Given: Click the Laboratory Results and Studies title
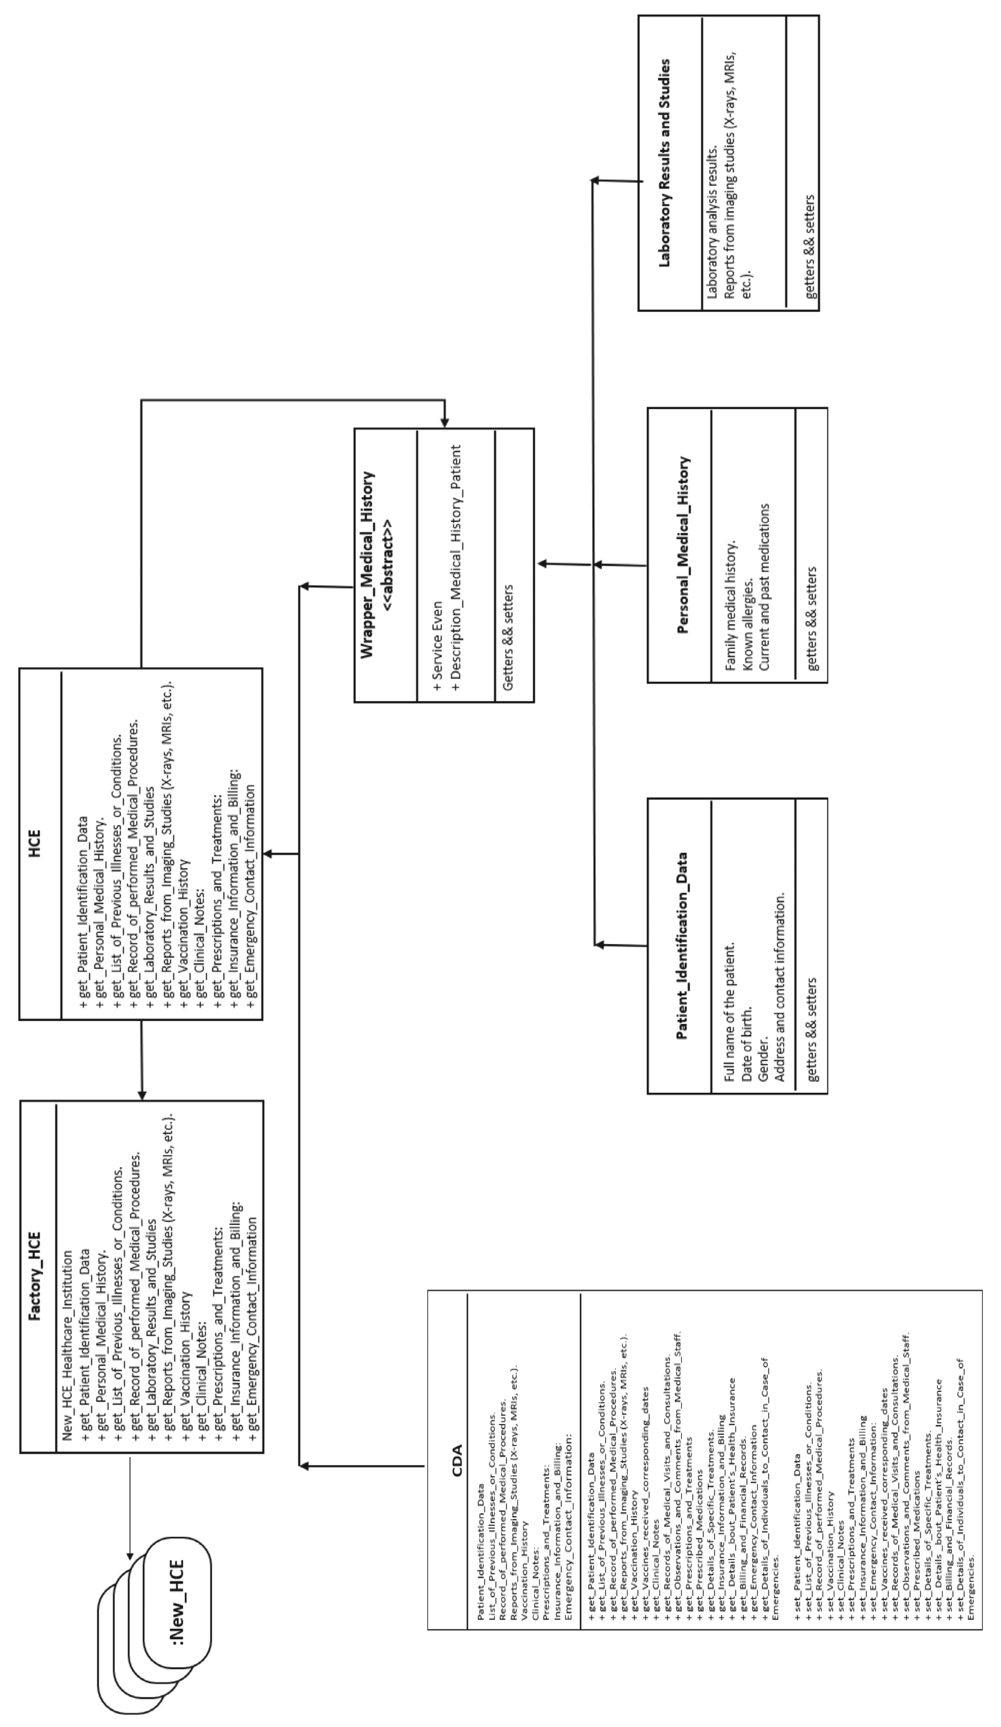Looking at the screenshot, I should coord(664,163).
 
